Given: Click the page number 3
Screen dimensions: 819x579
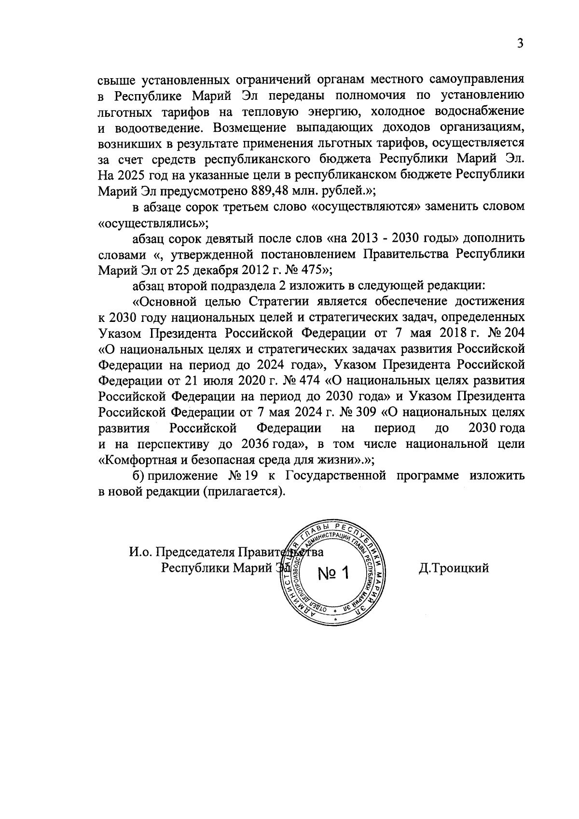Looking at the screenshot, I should [520, 43].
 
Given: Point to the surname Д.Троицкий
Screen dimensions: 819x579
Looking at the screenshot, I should [454, 568].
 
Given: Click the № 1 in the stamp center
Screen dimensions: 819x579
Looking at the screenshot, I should [333, 573].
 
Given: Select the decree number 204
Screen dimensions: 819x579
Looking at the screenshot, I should [513, 333].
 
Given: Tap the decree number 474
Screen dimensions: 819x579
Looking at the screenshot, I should [308, 381].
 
